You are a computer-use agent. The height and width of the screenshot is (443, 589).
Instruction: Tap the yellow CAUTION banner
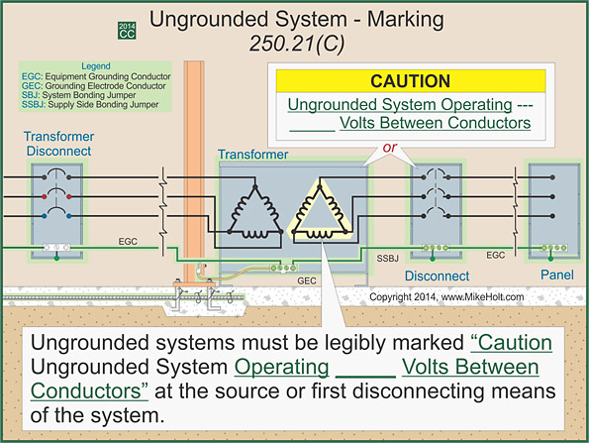point(409,81)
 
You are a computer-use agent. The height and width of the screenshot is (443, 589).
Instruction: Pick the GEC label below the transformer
point(308,280)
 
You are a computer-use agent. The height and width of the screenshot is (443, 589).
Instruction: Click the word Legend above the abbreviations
point(94,66)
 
